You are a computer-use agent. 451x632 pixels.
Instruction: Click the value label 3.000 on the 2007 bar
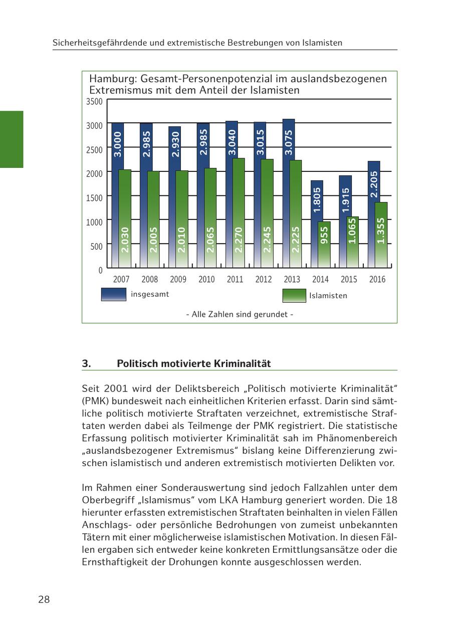point(118,144)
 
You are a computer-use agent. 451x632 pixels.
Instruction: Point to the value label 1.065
point(352,231)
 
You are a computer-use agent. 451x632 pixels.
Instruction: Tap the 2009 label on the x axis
point(178,280)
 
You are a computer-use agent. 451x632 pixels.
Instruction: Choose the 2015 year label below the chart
point(349,280)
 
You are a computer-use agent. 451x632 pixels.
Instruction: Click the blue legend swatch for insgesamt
point(114,294)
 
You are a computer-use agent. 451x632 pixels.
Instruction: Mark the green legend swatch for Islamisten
point(294,296)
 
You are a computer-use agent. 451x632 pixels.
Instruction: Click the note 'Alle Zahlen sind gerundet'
point(240,315)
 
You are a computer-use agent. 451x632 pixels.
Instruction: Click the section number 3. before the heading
point(87,364)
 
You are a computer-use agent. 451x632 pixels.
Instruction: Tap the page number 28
point(44,599)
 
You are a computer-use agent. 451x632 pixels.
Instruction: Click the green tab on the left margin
point(12,139)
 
